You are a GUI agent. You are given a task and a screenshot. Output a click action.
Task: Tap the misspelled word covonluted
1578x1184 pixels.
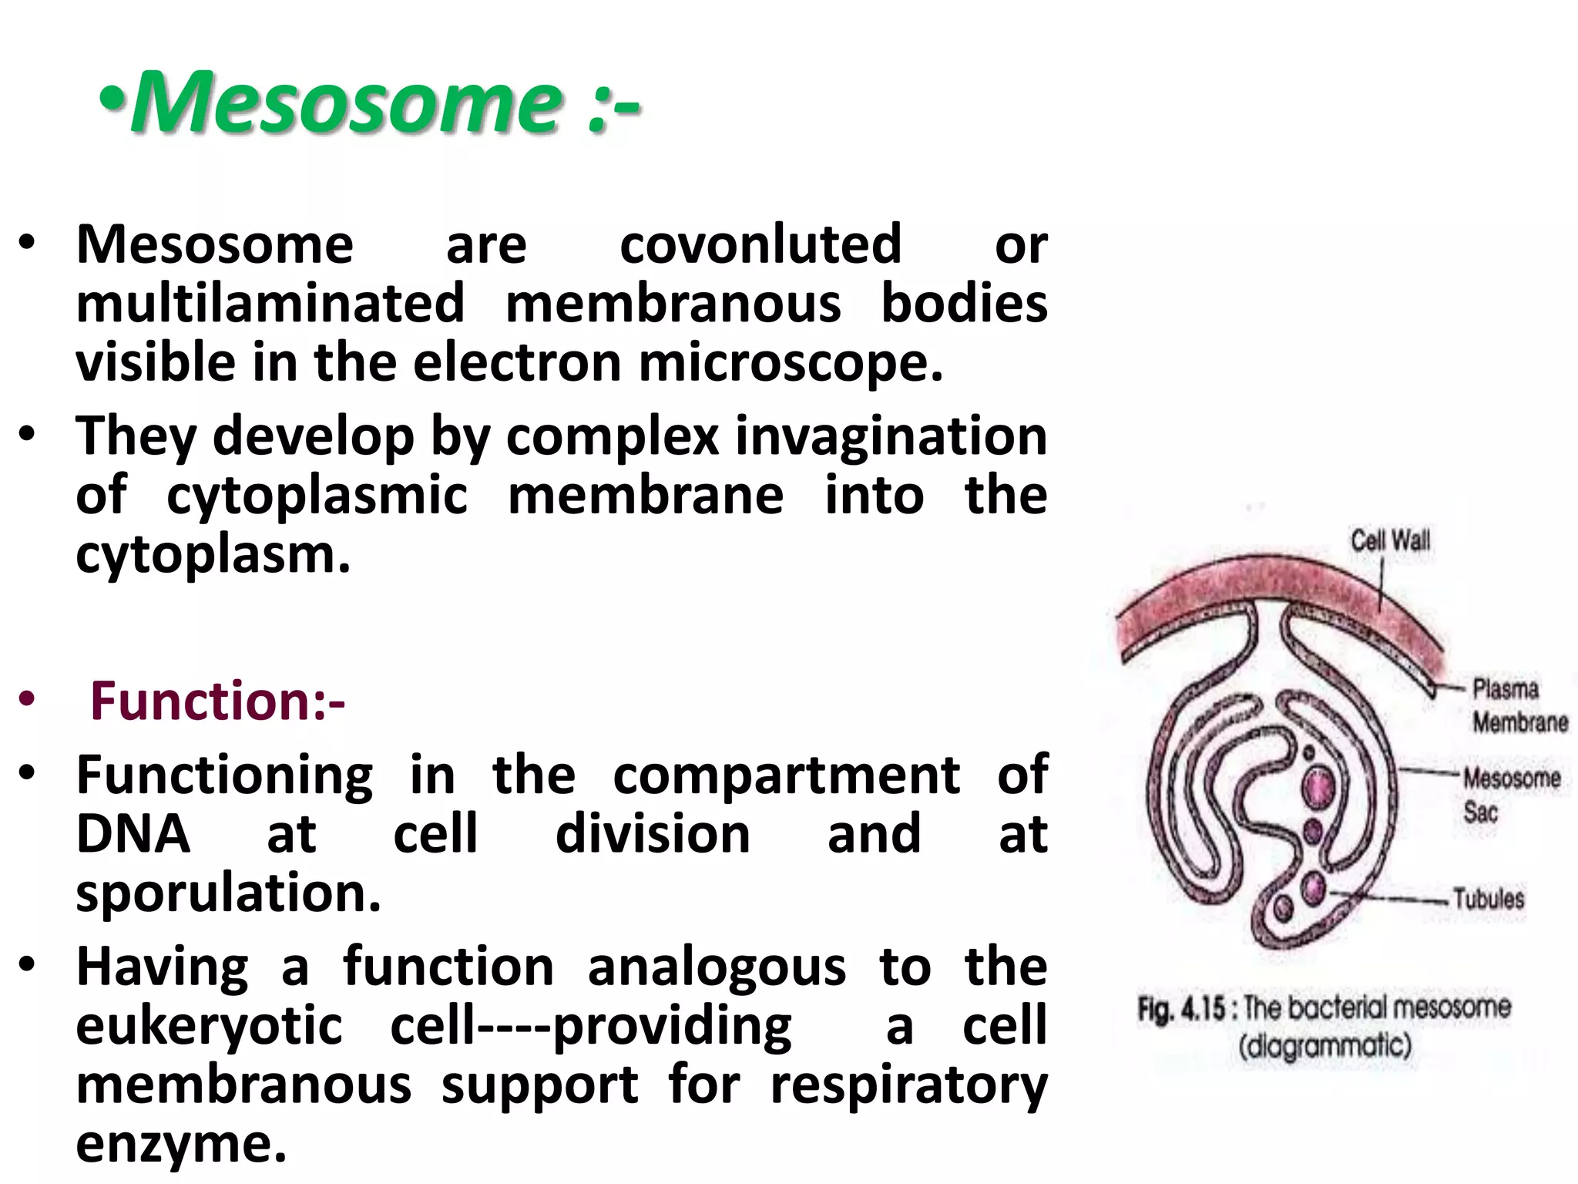click(760, 244)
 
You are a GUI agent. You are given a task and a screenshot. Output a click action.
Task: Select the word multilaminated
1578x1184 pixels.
click(270, 303)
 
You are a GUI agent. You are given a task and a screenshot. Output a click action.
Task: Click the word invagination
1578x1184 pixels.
click(891, 436)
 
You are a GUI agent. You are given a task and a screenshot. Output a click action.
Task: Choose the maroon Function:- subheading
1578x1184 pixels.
click(218, 701)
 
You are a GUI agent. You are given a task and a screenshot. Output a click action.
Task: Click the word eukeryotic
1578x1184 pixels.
click(209, 1026)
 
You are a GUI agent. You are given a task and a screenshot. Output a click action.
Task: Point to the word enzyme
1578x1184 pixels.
click(181, 1144)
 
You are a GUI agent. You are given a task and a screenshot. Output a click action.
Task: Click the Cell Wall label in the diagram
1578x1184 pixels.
click(1390, 540)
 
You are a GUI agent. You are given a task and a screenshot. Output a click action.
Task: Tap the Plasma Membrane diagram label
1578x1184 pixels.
click(1519, 705)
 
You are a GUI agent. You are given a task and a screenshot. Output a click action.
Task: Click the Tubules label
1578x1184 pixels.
click(1489, 899)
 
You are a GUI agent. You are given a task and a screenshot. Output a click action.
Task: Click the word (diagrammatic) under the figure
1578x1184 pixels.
click(1325, 1047)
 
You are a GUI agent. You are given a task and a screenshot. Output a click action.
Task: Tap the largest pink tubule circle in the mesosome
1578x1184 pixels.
click(1320, 787)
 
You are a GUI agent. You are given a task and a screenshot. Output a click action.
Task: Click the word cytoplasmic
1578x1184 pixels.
click(317, 496)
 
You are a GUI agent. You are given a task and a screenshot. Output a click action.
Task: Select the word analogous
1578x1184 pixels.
click(717, 967)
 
